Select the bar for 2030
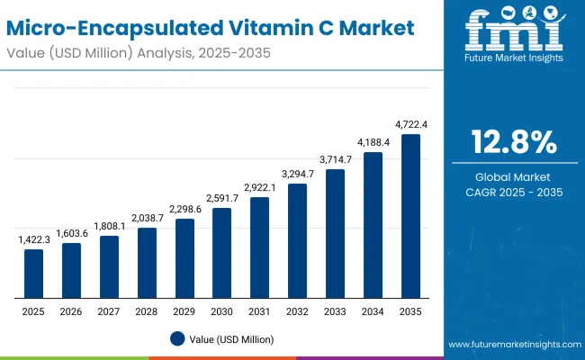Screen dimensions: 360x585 coord(221,253)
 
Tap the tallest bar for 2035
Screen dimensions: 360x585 coord(410,216)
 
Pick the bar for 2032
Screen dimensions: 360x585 coord(297,240)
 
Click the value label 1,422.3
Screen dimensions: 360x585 coord(33,240)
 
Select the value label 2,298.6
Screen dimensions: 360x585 coord(184,210)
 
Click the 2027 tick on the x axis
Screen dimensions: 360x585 coord(109,310)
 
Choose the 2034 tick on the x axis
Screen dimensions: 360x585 coord(373,310)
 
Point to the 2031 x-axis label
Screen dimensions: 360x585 coord(259,310)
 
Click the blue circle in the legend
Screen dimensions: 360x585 coord(177,338)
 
